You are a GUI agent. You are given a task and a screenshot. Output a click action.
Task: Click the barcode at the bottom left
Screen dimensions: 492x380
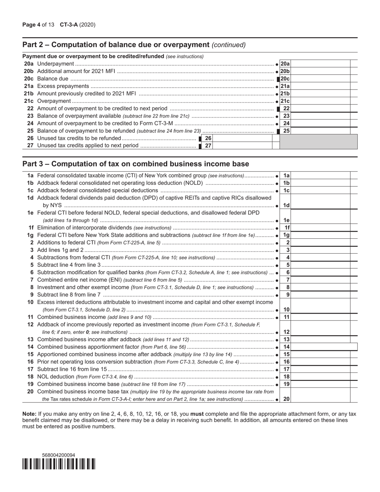(58, 464)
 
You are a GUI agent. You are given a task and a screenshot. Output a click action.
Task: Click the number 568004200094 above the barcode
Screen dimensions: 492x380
(58, 455)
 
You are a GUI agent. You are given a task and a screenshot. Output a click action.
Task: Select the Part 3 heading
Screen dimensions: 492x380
(136, 164)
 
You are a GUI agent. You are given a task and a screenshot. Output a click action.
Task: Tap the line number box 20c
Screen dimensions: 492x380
(285, 79)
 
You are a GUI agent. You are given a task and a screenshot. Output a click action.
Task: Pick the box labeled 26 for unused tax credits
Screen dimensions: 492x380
(208, 138)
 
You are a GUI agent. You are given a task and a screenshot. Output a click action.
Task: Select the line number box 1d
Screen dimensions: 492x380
(286, 205)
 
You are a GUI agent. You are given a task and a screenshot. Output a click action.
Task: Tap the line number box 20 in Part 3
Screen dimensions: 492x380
(286, 399)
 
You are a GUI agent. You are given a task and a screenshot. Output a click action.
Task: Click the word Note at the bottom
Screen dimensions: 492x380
(29, 414)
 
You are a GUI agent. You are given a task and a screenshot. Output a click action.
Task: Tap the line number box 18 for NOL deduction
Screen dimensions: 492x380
(286, 377)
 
